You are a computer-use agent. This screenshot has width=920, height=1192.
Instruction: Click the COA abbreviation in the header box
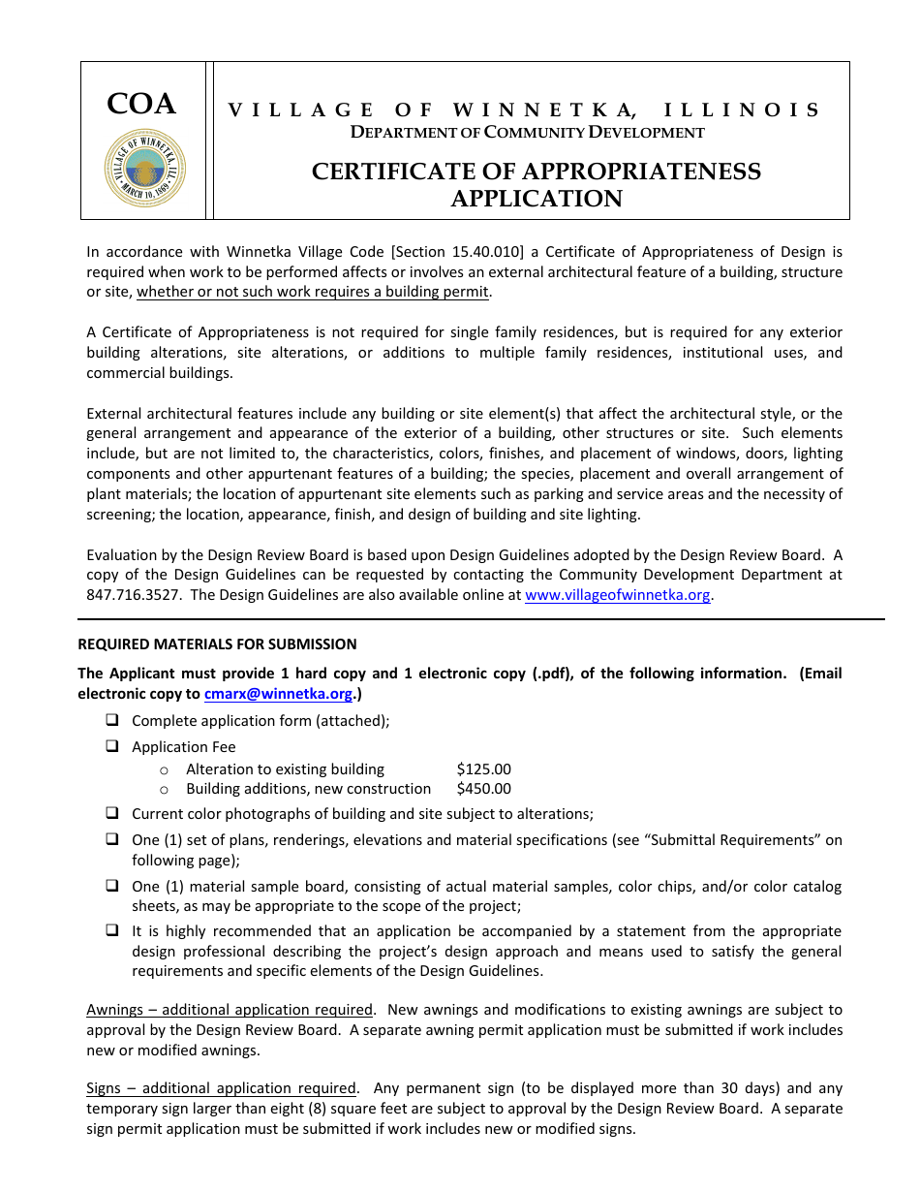click(x=141, y=104)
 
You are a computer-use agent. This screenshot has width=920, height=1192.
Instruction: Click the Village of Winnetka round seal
click(x=144, y=168)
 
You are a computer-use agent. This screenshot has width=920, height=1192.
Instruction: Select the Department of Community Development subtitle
click(x=527, y=133)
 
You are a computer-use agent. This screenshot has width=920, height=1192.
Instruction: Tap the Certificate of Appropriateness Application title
click(x=536, y=185)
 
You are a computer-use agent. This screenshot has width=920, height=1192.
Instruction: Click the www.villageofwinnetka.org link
click(x=617, y=595)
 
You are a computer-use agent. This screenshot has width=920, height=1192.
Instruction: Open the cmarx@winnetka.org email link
click(x=278, y=694)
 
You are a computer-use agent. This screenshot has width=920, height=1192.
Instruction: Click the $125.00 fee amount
click(x=483, y=769)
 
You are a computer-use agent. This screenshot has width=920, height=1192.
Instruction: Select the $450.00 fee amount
click(x=483, y=789)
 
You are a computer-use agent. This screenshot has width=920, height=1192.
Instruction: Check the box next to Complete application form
click(x=112, y=720)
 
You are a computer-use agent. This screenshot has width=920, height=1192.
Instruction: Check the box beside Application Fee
click(x=112, y=746)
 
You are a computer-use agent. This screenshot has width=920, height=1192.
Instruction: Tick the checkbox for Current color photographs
click(x=112, y=813)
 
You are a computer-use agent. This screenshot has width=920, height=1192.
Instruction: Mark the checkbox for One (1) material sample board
click(x=112, y=886)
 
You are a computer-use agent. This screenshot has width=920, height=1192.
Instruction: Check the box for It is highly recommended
click(x=112, y=930)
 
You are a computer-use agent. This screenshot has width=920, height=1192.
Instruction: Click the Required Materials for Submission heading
click(x=217, y=643)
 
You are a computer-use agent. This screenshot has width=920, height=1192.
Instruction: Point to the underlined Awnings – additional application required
click(x=230, y=1010)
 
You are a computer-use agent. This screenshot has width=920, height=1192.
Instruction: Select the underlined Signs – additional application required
click(x=222, y=1088)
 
